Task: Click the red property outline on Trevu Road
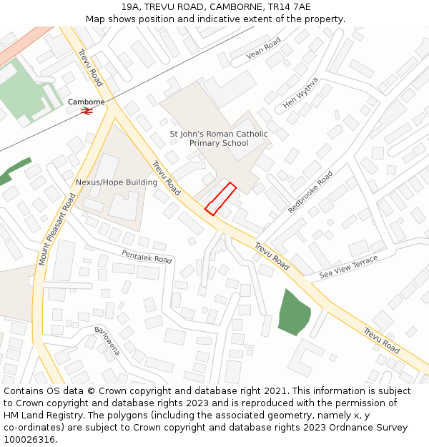click(220, 198)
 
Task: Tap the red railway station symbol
click(87, 111)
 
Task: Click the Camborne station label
click(87, 102)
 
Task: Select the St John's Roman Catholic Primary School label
click(219, 138)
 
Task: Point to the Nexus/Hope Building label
click(117, 182)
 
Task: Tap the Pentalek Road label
click(147, 256)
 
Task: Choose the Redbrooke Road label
click(310, 192)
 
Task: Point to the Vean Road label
click(264, 49)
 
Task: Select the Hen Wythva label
click(300, 93)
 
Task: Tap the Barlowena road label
click(107, 342)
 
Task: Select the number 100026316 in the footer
click(29, 439)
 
